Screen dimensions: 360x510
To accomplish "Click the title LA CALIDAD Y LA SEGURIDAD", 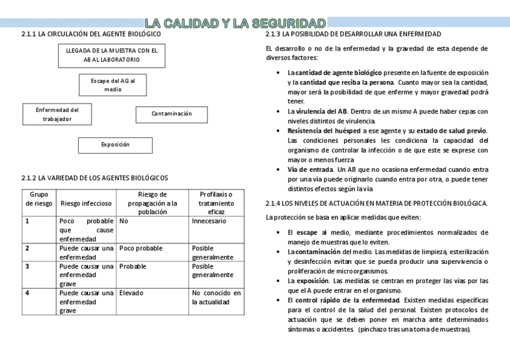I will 236,23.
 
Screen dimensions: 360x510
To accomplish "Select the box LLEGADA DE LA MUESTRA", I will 112,56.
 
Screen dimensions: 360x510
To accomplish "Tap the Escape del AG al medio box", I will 112,85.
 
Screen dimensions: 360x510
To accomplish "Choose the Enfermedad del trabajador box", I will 57,114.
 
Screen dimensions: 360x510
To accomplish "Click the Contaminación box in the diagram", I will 171,114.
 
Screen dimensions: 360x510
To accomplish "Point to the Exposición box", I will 115,145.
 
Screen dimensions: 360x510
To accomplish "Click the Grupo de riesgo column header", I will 38,199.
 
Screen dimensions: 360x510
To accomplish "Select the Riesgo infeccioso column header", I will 86,203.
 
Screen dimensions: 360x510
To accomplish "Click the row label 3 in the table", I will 27,266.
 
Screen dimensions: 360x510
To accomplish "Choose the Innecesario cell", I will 209,221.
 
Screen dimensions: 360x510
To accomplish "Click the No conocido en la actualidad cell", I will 217,297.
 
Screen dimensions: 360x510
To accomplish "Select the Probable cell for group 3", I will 133,266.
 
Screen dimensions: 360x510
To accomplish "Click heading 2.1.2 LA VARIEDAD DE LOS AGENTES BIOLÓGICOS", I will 94,178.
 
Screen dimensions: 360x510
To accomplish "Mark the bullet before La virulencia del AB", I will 277,112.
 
